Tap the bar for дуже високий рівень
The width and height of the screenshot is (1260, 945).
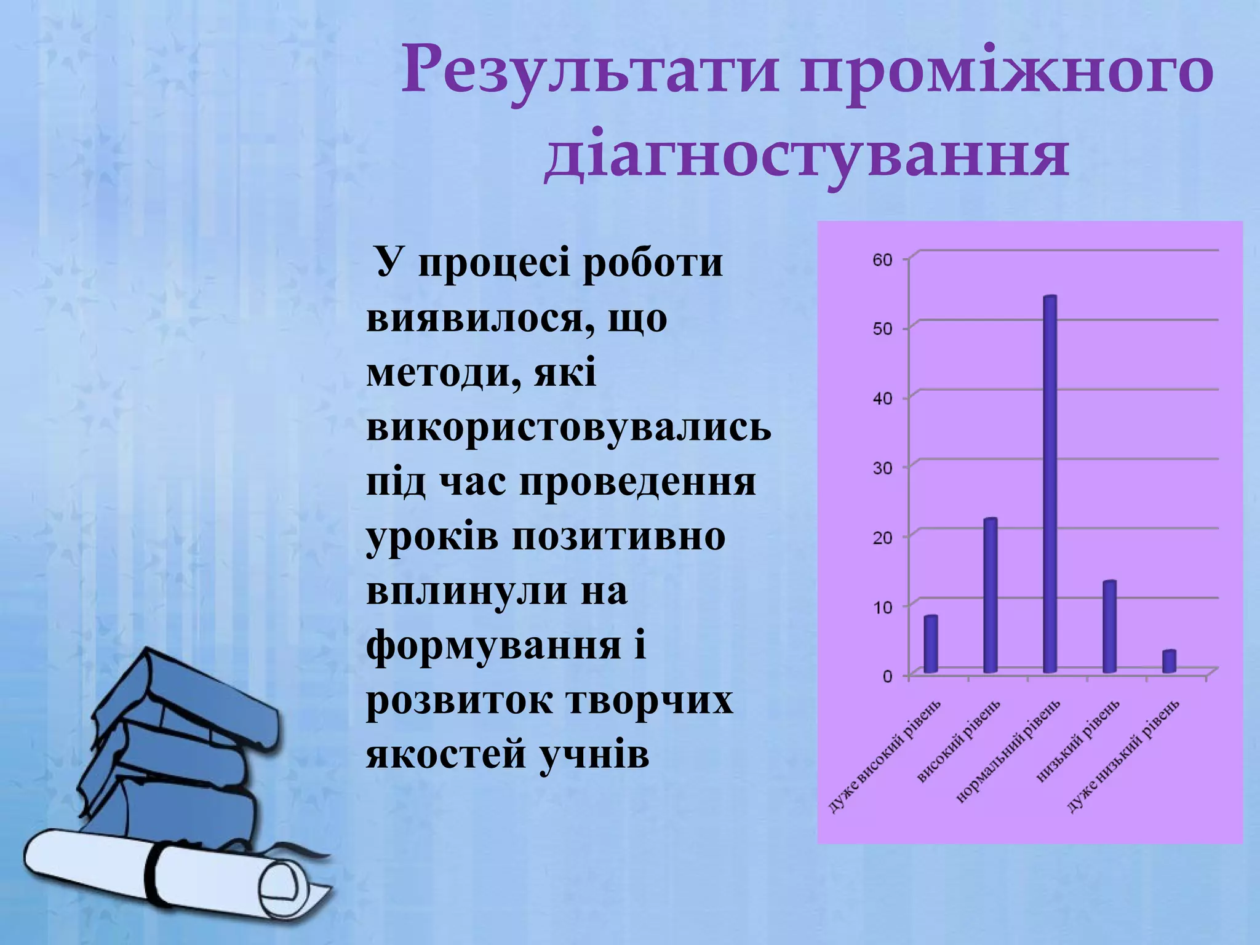[x=930, y=644]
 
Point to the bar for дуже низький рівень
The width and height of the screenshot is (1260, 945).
[x=1169, y=661]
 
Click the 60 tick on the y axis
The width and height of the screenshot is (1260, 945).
[x=883, y=260]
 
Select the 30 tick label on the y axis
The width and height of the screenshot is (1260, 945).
[x=883, y=468]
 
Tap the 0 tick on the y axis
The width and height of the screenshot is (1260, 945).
[x=887, y=677]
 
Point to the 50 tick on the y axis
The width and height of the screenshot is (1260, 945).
[x=883, y=329]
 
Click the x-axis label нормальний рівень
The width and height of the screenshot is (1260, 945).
[x=1009, y=751]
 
